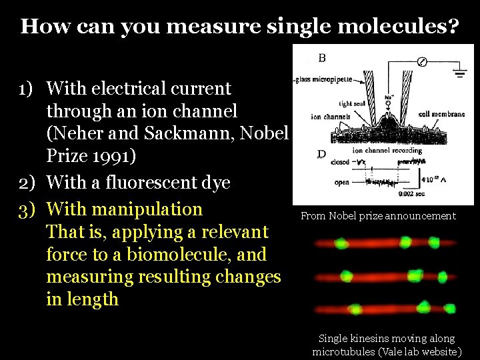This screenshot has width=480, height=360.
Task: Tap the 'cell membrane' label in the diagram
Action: pos(441,114)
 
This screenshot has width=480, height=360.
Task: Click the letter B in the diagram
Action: pos(322,58)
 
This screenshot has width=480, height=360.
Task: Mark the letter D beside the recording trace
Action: pos(321,155)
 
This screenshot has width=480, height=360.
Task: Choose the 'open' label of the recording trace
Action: pos(342,181)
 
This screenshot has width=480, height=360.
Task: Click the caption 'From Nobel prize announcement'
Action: pos(378,215)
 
